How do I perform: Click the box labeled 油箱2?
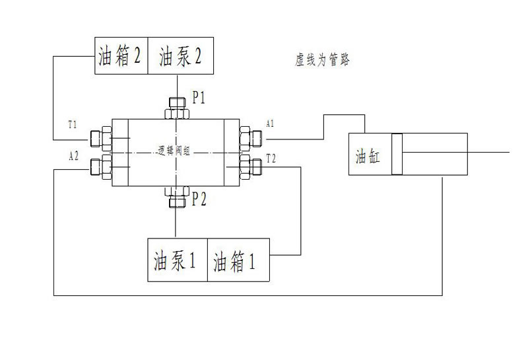(119, 56)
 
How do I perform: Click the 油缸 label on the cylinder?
(368, 157)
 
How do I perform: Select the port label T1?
(73, 124)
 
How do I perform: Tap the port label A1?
(270, 124)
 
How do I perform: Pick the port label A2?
(74, 156)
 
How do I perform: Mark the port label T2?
(271, 157)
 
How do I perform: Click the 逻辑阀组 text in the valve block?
(174, 150)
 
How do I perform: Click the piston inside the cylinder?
(396, 155)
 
